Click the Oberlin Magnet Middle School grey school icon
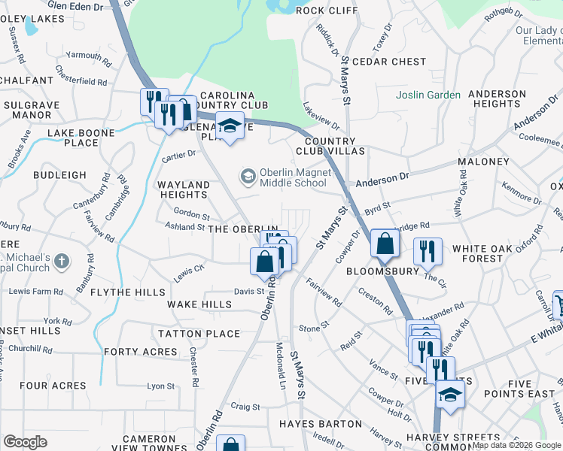click(x=248, y=177)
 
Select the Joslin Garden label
click(x=428, y=95)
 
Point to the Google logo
click(x=25, y=443)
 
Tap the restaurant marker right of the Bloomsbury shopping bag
click(x=428, y=253)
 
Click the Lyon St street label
click(x=160, y=386)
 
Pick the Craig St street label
click(x=245, y=407)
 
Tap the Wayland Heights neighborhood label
click(x=183, y=189)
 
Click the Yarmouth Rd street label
click(x=87, y=56)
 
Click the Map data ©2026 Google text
click(x=516, y=445)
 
